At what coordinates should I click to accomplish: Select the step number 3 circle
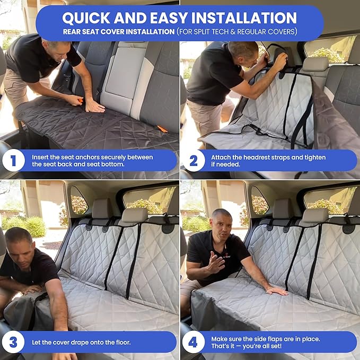pyautogui.click(x=13, y=342)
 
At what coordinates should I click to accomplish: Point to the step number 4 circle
pyautogui.click(x=194, y=342)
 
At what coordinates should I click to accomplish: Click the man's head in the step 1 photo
pyautogui.click(x=58, y=48)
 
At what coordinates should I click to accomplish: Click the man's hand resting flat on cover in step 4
pyautogui.click(x=276, y=291)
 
